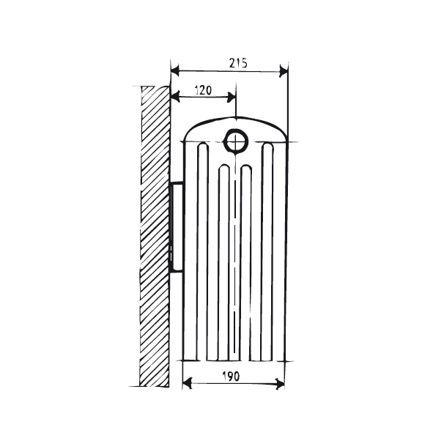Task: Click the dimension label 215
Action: (238, 63)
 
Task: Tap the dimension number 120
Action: (203, 90)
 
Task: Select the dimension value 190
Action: (231, 376)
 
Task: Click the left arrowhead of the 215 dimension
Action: (175, 70)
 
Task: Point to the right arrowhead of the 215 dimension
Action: (284, 71)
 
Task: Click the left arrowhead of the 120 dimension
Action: (175, 97)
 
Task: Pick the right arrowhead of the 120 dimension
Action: (232, 97)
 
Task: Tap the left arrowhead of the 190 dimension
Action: (188, 384)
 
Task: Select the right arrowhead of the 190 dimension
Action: (280, 384)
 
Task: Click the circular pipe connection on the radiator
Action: (236, 142)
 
